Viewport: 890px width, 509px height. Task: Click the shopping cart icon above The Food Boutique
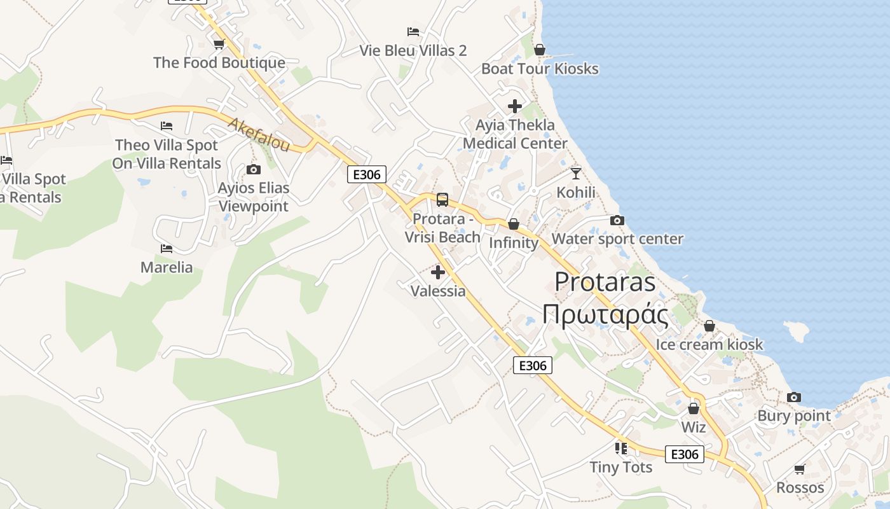point(219,44)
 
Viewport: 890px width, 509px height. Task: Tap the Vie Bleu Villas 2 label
point(413,50)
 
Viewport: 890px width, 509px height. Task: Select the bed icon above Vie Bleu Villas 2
point(413,31)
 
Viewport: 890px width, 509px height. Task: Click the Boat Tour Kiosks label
point(540,69)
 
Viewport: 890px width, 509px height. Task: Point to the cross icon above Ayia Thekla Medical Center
point(515,106)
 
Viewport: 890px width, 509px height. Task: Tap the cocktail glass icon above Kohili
point(576,173)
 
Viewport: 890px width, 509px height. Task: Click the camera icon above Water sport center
point(617,220)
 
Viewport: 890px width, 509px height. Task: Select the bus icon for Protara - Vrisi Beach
point(442,200)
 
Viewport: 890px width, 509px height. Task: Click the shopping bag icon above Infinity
point(513,224)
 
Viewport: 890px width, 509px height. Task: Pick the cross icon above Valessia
point(438,272)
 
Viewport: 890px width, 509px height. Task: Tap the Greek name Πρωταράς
point(605,315)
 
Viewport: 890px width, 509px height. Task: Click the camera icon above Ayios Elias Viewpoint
point(254,169)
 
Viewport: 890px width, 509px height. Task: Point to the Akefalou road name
point(259,134)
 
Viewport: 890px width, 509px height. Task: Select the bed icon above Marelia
point(167,248)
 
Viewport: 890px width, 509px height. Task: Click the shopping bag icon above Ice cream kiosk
point(709,326)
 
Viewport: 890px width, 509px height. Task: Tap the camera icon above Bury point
point(793,397)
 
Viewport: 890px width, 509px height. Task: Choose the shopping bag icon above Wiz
point(694,408)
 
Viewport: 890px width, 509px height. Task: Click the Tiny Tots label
point(621,467)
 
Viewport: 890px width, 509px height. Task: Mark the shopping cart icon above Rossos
point(800,469)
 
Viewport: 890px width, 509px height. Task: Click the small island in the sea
point(797,331)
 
